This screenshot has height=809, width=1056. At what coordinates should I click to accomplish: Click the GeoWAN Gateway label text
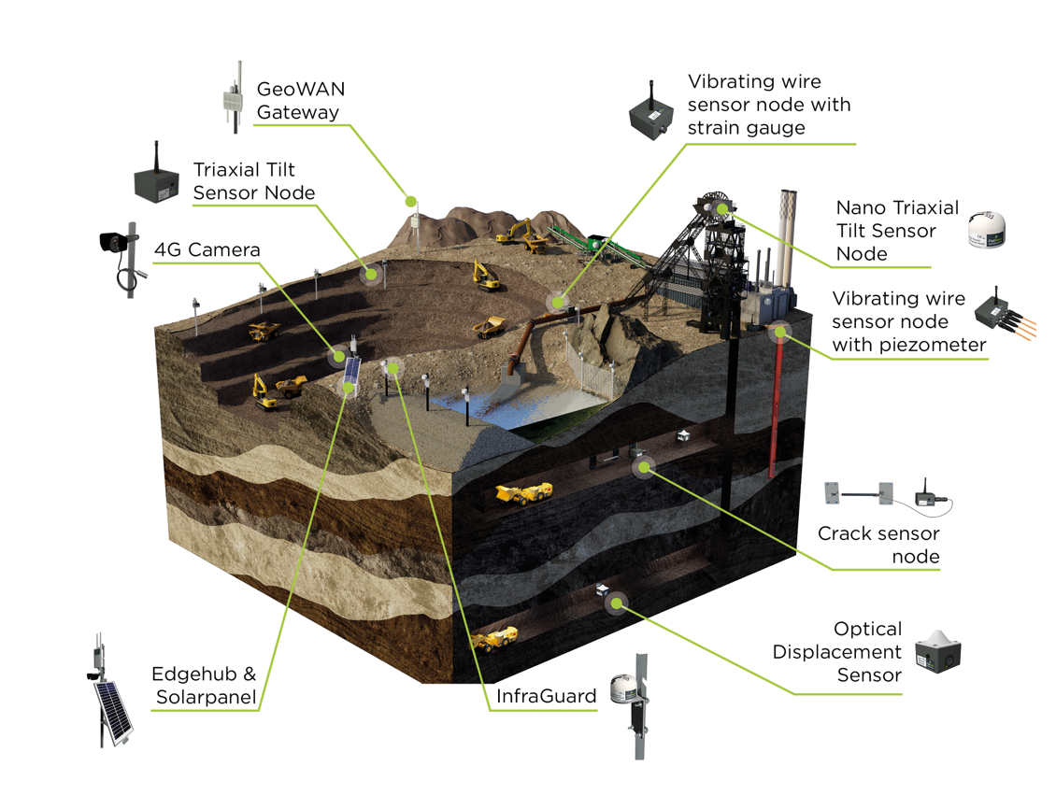click(x=301, y=100)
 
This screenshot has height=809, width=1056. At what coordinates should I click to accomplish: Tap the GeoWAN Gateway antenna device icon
click(x=233, y=97)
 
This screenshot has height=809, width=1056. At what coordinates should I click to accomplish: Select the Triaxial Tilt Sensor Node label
click(x=254, y=181)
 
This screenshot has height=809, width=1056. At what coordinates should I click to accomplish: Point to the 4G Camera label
click(x=207, y=249)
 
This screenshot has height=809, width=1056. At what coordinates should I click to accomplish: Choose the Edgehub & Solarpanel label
click(x=205, y=685)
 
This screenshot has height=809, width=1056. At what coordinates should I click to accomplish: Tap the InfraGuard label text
click(x=546, y=696)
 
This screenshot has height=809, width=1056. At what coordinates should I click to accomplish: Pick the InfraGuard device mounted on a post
click(x=632, y=705)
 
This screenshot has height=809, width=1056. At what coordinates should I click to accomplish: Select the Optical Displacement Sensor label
click(x=837, y=651)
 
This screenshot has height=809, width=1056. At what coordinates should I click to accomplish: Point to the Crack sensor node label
click(x=878, y=545)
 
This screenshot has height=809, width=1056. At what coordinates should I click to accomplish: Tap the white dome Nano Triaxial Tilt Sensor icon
click(x=987, y=230)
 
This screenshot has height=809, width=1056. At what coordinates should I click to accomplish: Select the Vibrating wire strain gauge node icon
click(x=651, y=111)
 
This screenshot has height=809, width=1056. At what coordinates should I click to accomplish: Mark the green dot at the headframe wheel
click(x=722, y=209)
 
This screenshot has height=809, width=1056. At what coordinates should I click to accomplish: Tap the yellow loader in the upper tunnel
click(x=524, y=493)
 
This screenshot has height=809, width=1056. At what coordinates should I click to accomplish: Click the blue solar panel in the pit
click(x=351, y=372)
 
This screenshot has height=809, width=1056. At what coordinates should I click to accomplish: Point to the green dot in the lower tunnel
click(x=616, y=603)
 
